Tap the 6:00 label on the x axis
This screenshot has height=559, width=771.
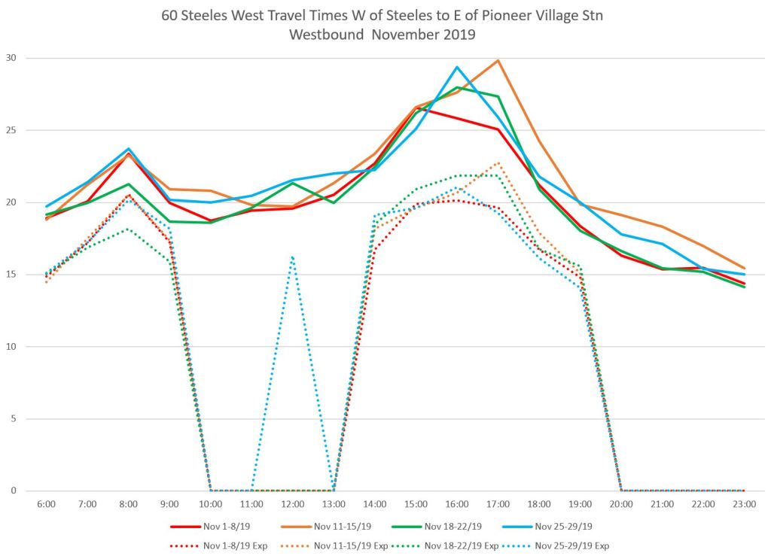click(x=47, y=504)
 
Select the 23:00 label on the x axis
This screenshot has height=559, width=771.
click(x=745, y=504)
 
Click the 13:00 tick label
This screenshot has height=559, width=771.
click(x=334, y=504)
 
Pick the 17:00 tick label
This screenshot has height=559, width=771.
click(x=498, y=504)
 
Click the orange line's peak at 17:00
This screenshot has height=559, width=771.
click(x=498, y=60)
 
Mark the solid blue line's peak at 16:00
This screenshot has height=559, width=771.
click(x=457, y=67)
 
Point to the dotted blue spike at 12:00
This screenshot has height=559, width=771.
click(x=292, y=257)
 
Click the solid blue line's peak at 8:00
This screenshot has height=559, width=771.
click(x=129, y=149)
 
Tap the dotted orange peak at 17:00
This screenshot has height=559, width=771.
click(x=498, y=163)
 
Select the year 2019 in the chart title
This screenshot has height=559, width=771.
click(x=459, y=35)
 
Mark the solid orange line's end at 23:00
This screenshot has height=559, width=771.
click(x=745, y=268)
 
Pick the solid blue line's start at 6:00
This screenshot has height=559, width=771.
click(x=47, y=206)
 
